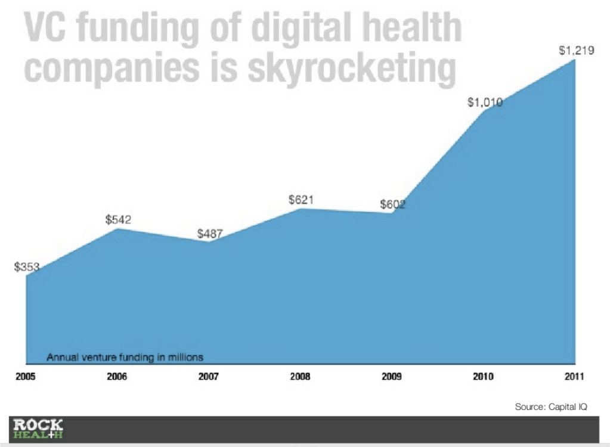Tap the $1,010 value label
point(485,103)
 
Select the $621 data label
point(301,200)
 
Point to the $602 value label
point(392,205)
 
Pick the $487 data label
point(209,234)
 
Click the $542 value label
point(118,219)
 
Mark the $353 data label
point(26,267)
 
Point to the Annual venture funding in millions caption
point(125,358)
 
